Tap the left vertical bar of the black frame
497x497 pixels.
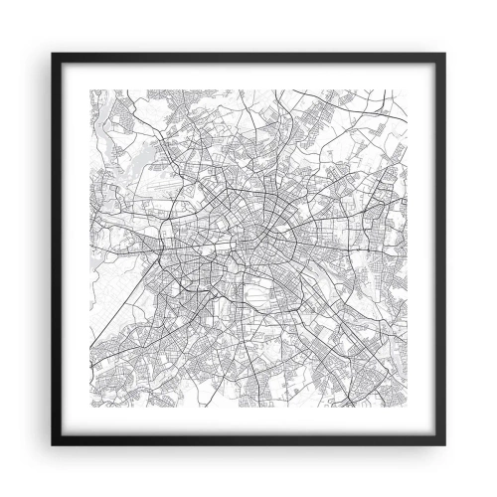click(54, 248)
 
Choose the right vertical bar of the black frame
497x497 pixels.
click(443, 248)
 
